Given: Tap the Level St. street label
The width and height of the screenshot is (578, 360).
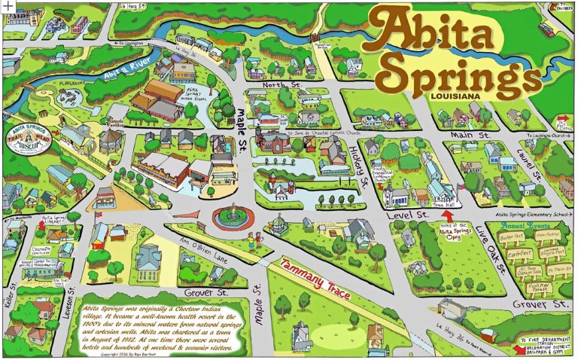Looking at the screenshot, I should [412, 215].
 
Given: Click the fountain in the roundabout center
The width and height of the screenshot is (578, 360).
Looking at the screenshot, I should [234, 213].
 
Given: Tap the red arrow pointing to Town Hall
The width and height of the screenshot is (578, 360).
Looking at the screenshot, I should [446, 216].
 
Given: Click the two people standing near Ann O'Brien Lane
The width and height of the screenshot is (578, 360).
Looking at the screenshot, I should [257, 239].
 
